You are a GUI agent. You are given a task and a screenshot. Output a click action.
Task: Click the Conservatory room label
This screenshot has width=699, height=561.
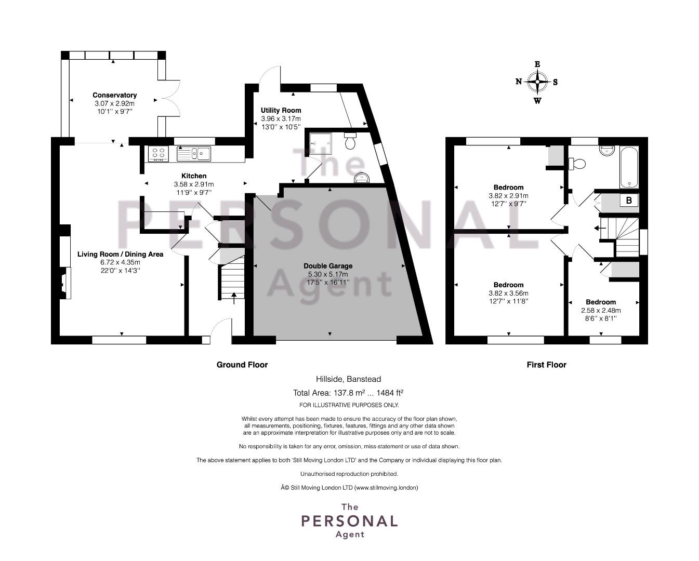pos(115,95)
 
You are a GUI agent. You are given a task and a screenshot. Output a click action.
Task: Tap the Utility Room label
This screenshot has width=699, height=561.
pos(281,110)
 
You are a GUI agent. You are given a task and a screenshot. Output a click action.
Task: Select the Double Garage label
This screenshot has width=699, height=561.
pos(328,266)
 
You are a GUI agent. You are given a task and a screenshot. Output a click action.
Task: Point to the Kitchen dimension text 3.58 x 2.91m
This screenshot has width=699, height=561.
pos(194,184)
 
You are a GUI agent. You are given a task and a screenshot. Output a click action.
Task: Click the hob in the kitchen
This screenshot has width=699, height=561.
pos(158,154)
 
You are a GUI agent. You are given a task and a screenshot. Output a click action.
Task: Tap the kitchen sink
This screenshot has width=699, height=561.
pos(194,154)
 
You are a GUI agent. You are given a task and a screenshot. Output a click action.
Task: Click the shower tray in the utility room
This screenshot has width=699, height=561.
pos(320,143)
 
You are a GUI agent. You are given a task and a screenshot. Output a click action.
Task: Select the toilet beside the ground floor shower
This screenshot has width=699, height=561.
pos(350,141)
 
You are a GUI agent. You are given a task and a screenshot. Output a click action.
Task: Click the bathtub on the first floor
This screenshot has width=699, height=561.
pos(629,167)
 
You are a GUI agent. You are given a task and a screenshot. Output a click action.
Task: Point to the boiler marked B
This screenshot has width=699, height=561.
pos(629,201)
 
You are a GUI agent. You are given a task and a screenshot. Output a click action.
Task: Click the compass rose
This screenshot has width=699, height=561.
pos(537,82)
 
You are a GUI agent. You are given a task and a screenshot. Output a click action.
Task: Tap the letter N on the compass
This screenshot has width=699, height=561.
pos(519,82)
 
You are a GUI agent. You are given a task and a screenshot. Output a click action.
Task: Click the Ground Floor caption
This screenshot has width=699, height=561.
pos(242,365)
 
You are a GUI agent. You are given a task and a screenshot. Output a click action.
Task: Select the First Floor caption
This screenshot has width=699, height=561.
pos(546,365)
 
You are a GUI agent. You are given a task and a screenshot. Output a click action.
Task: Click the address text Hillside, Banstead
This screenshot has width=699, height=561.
pos(349,379)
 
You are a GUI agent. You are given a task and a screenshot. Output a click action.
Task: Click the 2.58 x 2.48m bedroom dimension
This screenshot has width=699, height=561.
pos(601,311)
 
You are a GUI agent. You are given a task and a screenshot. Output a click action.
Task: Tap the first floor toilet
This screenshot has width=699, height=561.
pos(577,163)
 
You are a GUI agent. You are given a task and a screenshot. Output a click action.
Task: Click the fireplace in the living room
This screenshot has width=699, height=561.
pos(66,283)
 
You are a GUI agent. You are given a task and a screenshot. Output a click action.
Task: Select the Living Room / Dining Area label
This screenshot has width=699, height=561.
pos(120,254)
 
